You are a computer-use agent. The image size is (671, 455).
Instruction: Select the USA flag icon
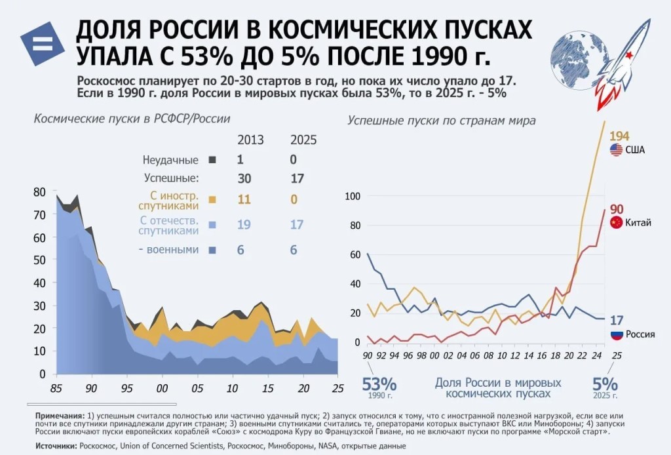point(616,150)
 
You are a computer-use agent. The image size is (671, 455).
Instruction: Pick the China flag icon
point(616,223)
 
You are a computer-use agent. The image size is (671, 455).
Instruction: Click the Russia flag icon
point(616,334)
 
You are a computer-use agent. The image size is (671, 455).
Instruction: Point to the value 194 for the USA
point(619,136)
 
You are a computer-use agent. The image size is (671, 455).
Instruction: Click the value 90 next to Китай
point(617,209)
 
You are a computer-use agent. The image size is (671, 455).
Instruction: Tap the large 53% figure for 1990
point(380,384)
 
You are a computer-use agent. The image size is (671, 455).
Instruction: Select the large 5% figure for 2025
point(605,384)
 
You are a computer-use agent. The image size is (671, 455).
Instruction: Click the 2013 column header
point(250,140)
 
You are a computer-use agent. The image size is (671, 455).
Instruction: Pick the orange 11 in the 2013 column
point(244,199)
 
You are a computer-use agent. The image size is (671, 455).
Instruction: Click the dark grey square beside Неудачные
point(212,159)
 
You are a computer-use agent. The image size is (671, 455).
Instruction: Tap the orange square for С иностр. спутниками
point(212,199)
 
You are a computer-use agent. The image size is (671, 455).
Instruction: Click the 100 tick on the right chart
point(353,196)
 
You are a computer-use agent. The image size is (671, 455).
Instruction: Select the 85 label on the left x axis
point(57,387)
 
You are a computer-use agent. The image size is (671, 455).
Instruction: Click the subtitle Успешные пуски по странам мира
point(441,121)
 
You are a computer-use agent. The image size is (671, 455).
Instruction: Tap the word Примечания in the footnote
point(60,416)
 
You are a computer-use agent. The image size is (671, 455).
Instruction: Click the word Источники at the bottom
point(55,446)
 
